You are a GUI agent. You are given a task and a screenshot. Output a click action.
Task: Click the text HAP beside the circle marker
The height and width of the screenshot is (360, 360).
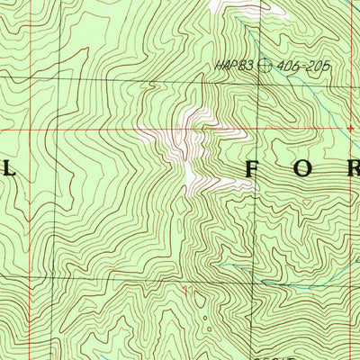224,65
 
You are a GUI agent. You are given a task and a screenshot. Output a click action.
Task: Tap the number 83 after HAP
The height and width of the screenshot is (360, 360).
240,65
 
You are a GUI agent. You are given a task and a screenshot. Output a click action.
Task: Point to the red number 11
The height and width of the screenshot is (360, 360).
187,290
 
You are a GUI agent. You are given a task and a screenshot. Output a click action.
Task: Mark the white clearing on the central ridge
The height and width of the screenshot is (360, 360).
194,153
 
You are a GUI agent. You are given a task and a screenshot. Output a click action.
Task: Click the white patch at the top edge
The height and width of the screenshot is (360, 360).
243,7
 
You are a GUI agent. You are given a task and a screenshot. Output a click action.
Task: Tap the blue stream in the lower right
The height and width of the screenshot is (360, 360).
306,283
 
